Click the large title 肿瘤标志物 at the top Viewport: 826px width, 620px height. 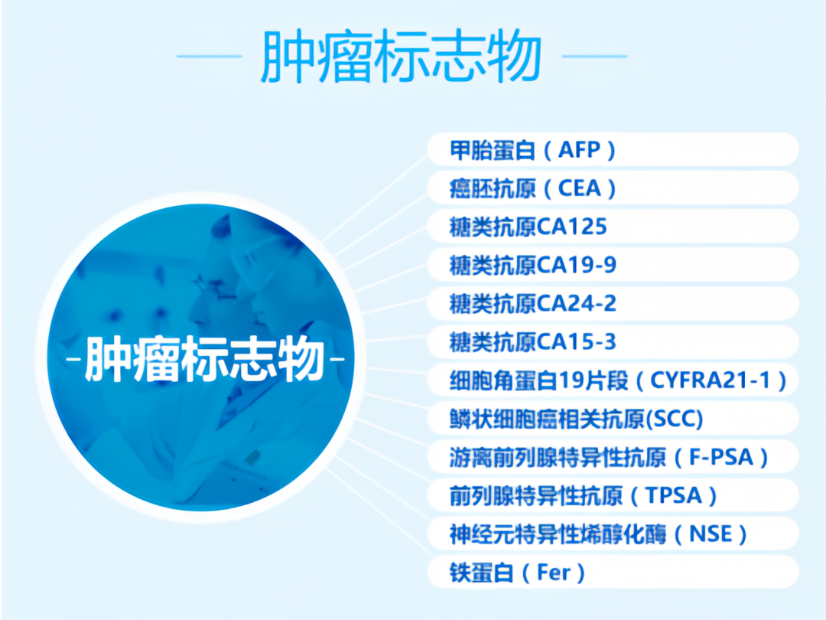402,57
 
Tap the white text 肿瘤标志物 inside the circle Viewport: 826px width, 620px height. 204,360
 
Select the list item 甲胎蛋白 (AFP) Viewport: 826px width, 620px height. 532,150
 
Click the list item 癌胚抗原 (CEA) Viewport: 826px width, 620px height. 532,188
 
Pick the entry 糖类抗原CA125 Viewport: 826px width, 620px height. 528,227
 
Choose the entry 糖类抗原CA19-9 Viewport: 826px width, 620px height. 532,265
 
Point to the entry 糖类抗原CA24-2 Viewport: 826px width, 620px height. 532,303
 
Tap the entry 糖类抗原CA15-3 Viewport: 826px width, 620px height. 532,341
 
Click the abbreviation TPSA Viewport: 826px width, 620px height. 674,495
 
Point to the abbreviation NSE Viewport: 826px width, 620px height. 711,534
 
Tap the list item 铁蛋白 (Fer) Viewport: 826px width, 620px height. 517,573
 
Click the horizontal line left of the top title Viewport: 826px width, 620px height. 209,56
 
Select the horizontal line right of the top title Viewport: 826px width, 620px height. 595,56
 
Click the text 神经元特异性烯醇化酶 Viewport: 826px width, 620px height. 558,534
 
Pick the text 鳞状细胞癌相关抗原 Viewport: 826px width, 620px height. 547,419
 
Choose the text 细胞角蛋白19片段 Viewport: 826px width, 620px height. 539,380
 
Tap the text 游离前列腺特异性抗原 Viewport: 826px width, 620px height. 558,457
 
